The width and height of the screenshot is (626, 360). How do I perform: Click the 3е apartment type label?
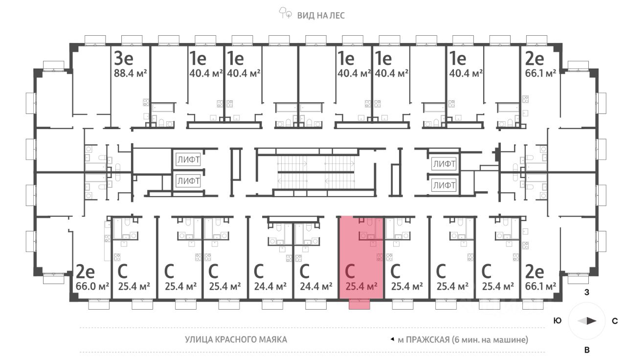pyautogui.click(x=124, y=59)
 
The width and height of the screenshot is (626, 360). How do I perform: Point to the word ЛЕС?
pyautogui.click(x=336, y=15)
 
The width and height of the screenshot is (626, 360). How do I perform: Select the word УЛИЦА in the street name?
pyautogui.click(x=200, y=339)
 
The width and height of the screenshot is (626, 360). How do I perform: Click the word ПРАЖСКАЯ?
pyautogui.click(x=427, y=339)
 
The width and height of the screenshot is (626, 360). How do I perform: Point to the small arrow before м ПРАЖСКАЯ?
pyautogui.click(x=392, y=339)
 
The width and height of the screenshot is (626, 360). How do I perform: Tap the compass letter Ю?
pyautogui.click(x=557, y=321)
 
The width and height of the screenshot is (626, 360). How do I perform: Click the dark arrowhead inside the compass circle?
pyautogui.click(x=591, y=321)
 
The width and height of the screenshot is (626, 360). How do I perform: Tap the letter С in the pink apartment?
pyautogui.click(x=350, y=270)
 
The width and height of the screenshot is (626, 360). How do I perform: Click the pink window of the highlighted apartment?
pyautogui.click(x=360, y=305)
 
